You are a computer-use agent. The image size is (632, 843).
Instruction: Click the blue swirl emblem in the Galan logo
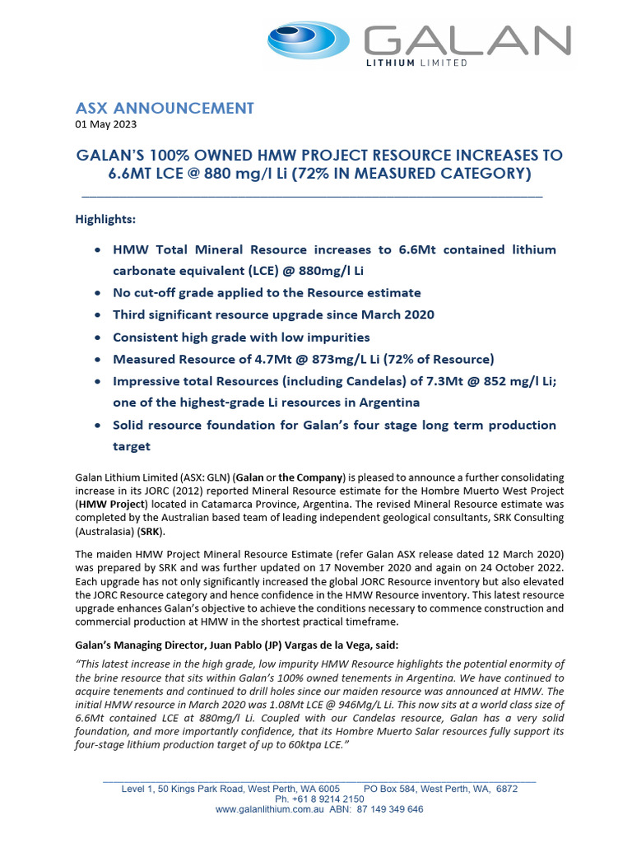pos(311,40)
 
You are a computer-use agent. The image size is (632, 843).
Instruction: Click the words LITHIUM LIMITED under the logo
pos(417,63)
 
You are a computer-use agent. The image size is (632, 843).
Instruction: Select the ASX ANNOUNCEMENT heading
pos(165,108)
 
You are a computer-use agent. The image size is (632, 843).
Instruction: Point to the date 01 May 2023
pos(106,125)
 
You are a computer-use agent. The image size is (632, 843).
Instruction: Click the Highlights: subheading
pos(105,220)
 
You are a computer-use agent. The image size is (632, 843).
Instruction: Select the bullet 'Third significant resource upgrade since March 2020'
pos(273,314)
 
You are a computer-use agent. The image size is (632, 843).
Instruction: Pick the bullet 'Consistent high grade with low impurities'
pos(241,337)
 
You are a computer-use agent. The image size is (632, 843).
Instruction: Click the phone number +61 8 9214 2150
pos(319,799)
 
